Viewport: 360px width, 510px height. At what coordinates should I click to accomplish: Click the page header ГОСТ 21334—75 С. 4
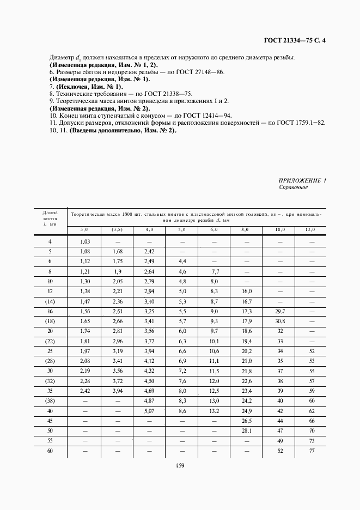coord(295,40)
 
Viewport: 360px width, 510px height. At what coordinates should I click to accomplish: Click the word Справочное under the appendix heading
coord(294,187)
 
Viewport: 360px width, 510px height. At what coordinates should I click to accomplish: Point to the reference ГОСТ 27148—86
coord(196,72)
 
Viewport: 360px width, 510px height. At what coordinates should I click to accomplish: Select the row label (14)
coord(50,301)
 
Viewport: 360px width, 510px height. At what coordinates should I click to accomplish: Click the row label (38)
coord(50,401)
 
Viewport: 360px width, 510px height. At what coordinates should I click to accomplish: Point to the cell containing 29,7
coord(279,311)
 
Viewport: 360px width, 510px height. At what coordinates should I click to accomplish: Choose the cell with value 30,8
coord(279,321)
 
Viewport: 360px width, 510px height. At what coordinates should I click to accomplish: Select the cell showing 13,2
coord(215,411)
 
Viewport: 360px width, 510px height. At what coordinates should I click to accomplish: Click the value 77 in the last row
coord(312,451)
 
